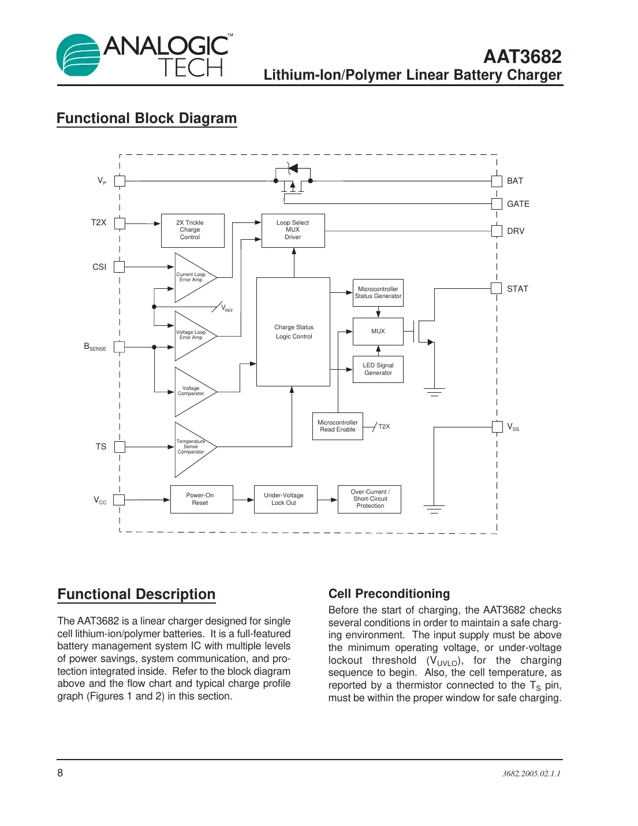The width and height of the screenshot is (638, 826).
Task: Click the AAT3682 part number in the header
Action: [522, 57]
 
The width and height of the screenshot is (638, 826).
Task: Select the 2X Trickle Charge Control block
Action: [192, 230]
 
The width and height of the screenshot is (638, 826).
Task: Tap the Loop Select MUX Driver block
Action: [293, 230]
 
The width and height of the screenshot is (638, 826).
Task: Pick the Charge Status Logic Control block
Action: [293, 332]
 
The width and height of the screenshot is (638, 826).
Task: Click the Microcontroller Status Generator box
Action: [378, 293]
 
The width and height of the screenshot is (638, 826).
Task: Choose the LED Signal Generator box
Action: [378, 369]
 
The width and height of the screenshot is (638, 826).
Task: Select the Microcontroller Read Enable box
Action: [338, 426]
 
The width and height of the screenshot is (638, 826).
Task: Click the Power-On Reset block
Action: [202, 499]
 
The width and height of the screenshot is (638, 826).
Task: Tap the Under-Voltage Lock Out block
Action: [285, 499]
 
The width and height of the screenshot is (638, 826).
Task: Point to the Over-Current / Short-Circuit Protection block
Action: [370, 499]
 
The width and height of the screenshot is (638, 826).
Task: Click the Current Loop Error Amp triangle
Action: [193, 278]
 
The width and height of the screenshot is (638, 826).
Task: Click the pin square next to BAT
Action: [497, 181]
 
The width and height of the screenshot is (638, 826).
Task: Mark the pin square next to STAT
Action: [497, 289]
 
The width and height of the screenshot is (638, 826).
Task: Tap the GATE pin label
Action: [518, 204]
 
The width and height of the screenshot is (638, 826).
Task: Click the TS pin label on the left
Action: [101, 447]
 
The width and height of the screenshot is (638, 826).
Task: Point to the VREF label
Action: [227, 308]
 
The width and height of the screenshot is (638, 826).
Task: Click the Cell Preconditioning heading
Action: [389, 594]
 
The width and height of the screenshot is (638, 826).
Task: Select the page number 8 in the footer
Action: [60, 773]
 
